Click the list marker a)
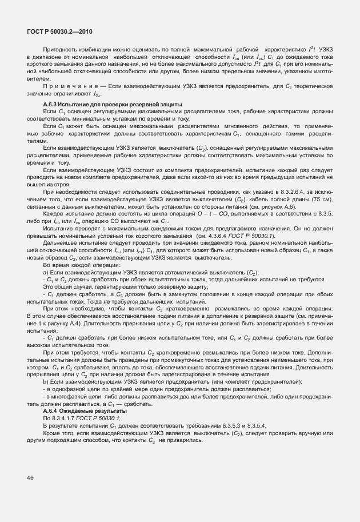point(46,273)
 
